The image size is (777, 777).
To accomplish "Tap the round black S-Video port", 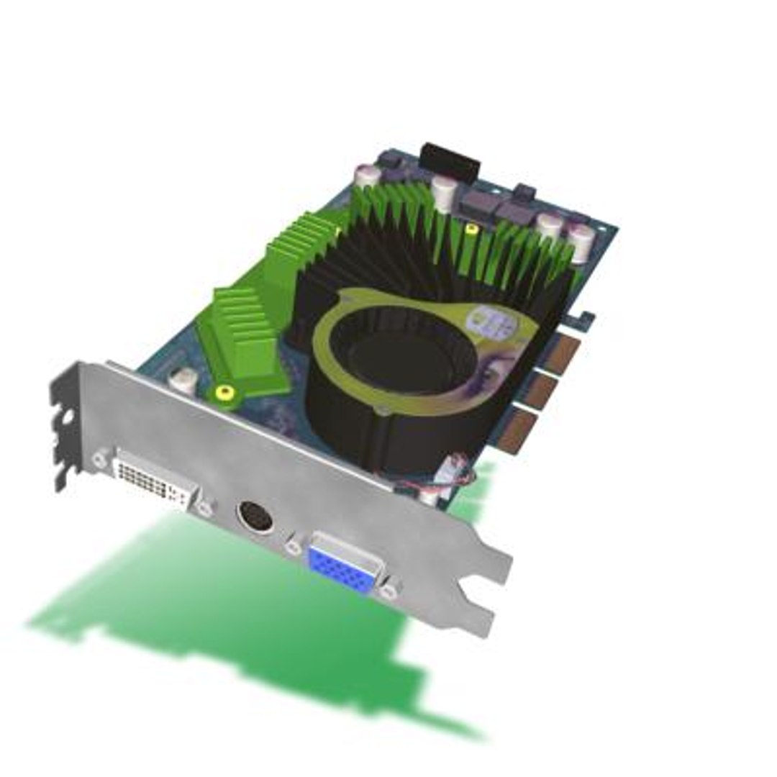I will [x=255, y=516].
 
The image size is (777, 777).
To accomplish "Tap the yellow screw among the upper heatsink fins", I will [x=471, y=230].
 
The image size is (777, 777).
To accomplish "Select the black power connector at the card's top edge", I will [x=450, y=159].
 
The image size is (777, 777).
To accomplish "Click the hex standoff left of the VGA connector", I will [x=293, y=547].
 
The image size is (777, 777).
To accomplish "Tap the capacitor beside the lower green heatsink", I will [x=183, y=379].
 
